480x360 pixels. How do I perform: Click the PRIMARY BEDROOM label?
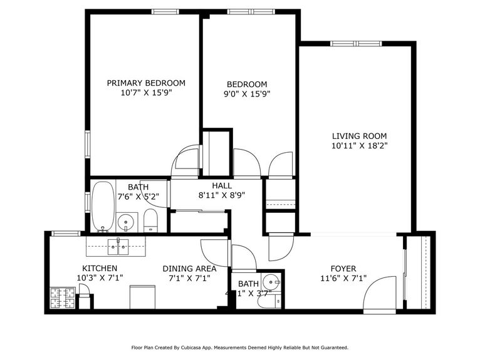click(x=145, y=83)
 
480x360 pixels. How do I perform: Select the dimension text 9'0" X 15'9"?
click(x=247, y=95)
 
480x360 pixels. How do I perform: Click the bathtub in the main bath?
click(x=103, y=206)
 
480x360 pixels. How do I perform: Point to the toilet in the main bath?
click(x=150, y=220)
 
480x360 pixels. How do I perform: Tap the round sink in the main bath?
click(x=127, y=221)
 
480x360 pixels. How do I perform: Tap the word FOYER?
click(x=343, y=269)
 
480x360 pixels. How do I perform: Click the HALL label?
click(x=222, y=186)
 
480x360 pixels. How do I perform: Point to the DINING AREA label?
click(x=189, y=269)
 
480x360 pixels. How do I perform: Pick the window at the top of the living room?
click(x=355, y=43)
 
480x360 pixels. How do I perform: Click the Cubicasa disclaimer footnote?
click(x=239, y=347)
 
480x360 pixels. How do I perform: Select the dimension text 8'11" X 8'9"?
click(x=222, y=195)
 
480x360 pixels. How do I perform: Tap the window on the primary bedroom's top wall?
click(x=165, y=11)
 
